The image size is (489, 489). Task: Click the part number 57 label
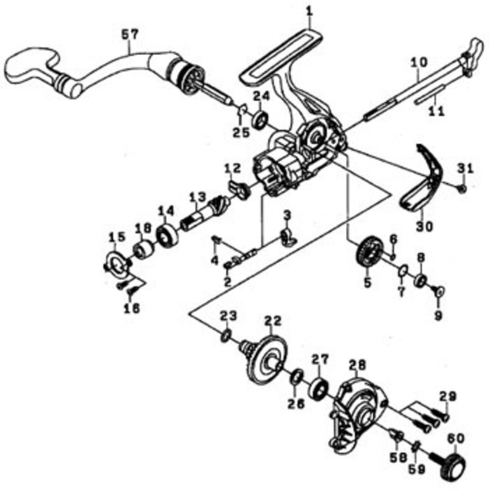[129, 34]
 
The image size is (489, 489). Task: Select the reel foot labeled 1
[281, 57]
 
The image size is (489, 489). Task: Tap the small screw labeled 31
[463, 188]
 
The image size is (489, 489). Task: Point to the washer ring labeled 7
[403, 270]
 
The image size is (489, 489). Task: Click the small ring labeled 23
[226, 336]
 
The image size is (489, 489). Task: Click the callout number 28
[358, 365]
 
